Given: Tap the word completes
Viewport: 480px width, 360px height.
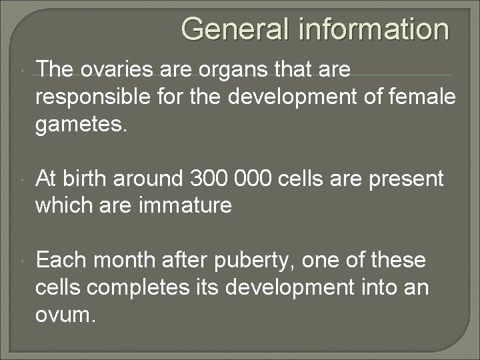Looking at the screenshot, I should [140, 289].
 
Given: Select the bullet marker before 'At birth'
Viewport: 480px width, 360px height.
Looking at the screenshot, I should [23, 179].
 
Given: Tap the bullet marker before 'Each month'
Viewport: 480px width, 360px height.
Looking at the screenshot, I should [23, 261].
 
